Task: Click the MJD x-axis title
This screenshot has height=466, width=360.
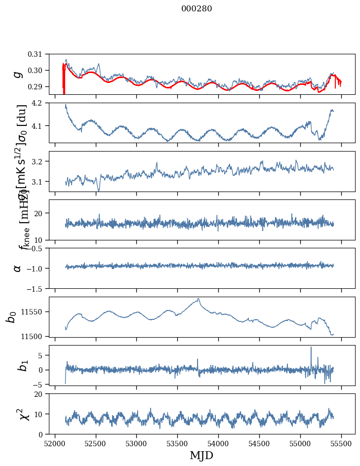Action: (201, 455)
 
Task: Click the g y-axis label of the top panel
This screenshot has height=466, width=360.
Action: (18, 74)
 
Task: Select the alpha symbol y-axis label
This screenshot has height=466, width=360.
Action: (18, 268)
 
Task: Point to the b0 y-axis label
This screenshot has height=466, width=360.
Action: (11, 316)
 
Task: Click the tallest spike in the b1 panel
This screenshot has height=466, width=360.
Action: (311, 348)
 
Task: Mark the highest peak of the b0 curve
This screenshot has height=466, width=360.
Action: (198, 299)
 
